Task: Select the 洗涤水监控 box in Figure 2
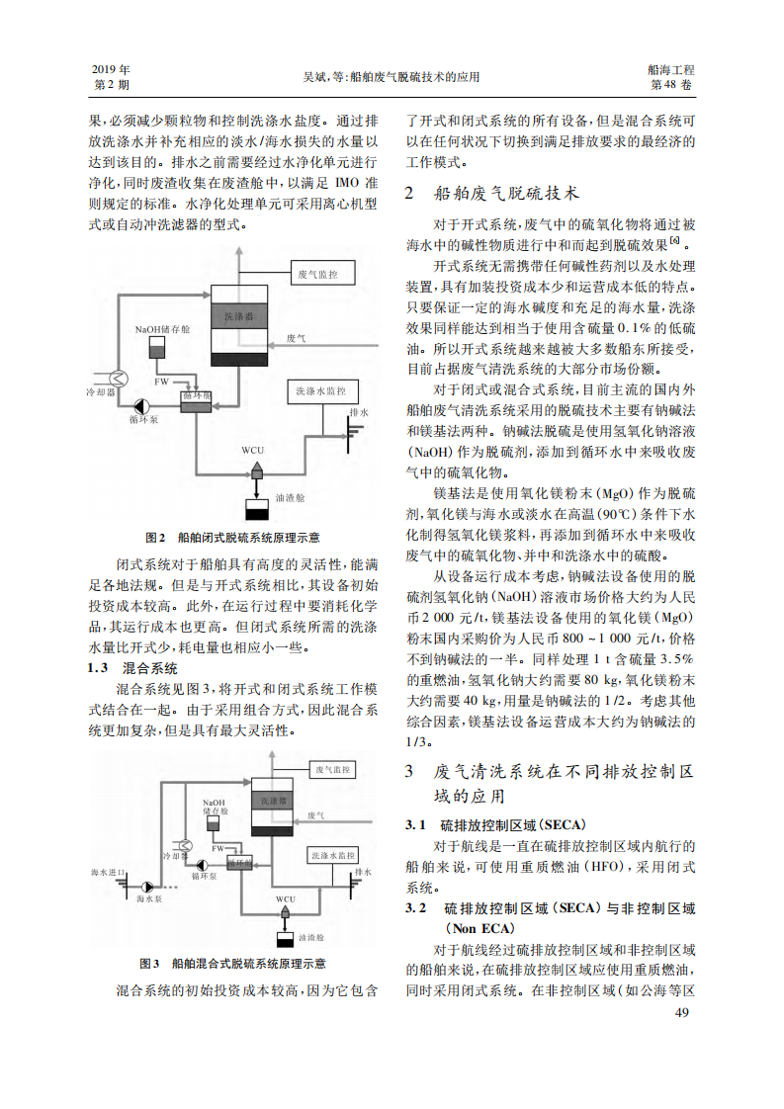coord(321,391)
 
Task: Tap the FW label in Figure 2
coord(161,381)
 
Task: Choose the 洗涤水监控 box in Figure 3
coord(333,854)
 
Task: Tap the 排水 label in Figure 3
coord(364,872)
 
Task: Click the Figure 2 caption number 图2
coord(154,538)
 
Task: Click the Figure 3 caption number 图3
coord(149,963)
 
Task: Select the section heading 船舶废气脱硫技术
coord(506,193)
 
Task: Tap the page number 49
coord(681,1012)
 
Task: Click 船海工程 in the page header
coord(671,70)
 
